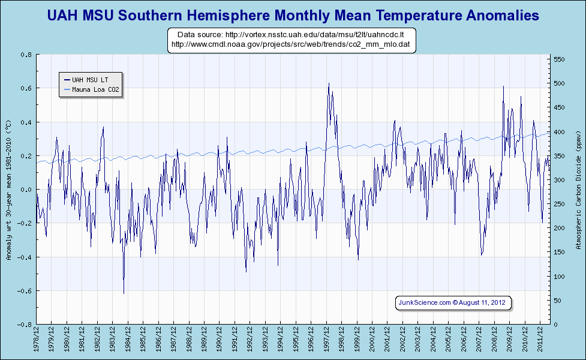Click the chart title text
[x=293, y=14]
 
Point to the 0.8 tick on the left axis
[x=26, y=55]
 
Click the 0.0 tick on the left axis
[x=26, y=190]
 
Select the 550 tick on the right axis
[x=559, y=59]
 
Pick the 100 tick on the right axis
[x=559, y=277]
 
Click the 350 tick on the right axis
[x=559, y=156]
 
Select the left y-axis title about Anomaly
[x=8, y=190]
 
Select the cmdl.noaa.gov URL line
[x=291, y=44]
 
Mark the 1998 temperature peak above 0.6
[x=329, y=84]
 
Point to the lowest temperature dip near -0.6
[x=124, y=293]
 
